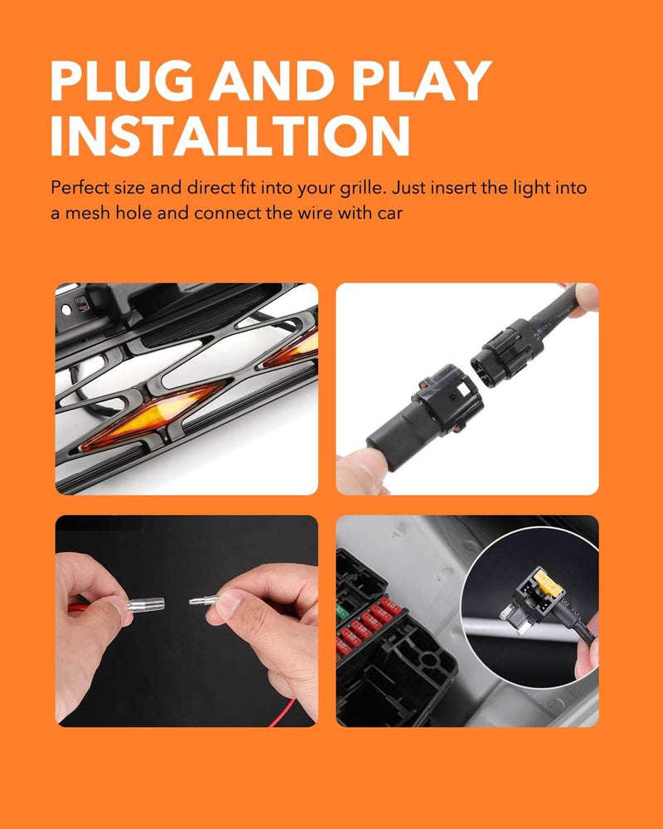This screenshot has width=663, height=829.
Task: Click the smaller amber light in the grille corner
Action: click(293, 348)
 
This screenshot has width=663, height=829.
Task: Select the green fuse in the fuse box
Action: click(341, 613)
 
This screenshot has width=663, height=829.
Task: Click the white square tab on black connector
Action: click(463, 389)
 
